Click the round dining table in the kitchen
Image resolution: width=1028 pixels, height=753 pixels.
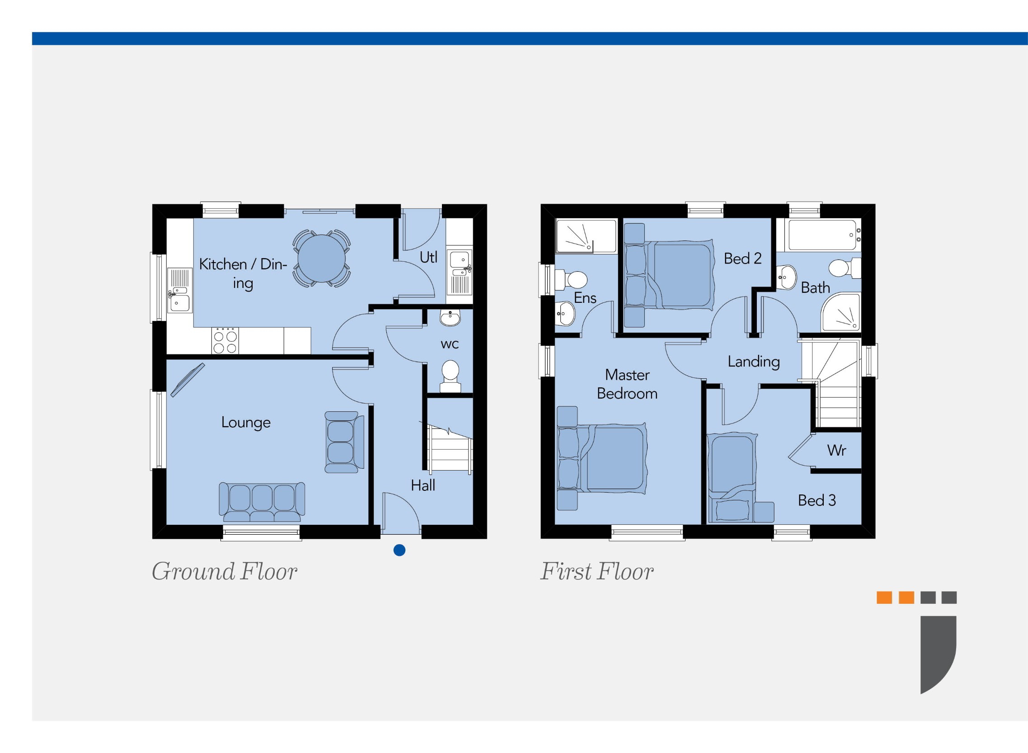[321, 259]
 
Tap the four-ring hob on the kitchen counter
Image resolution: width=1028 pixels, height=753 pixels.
[225, 340]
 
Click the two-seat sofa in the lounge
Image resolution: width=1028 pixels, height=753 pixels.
[343, 442]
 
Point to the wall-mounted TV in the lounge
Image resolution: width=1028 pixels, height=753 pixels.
[187, 379]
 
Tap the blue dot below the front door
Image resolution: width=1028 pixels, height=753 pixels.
[399, 550]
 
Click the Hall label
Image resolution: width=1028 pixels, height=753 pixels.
[422, 485]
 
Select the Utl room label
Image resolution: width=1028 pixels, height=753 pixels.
[428, 258]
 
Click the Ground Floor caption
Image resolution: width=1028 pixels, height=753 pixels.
[224, 572]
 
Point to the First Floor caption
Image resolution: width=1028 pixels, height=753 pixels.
[596, 572]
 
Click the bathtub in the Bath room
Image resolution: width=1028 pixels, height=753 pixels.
[822, 235]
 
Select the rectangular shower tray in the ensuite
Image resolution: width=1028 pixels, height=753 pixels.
[586, 235]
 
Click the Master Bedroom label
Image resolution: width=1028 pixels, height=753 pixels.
[627, 384]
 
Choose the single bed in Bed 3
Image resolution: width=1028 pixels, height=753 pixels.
[732, 476]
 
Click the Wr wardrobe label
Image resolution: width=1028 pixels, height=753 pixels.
[836, 450]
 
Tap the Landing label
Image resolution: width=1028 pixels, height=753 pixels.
[753, 362]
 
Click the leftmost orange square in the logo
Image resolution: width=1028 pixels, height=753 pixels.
[884, 598]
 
